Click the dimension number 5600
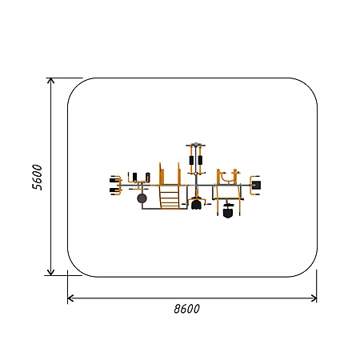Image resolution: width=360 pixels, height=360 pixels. click(x=37, y=177)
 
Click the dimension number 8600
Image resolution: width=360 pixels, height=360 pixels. click(x=186, y=309)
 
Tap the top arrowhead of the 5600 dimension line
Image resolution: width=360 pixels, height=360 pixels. click(x=50, y=80)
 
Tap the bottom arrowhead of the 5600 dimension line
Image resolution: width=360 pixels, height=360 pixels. click(x=50, y=273)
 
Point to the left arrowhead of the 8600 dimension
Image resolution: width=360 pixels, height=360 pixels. click(x=70, y=298)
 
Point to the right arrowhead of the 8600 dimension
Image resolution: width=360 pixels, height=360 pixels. click(x=314, y=298)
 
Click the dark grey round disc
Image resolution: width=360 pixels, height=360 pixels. click(x=142, y=198)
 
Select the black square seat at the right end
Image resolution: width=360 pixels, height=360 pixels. click(x=256, y=185)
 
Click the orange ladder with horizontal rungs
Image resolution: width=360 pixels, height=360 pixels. click(x=169, y=197)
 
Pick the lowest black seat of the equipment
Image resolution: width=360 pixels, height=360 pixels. click(x=228, y=213)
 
